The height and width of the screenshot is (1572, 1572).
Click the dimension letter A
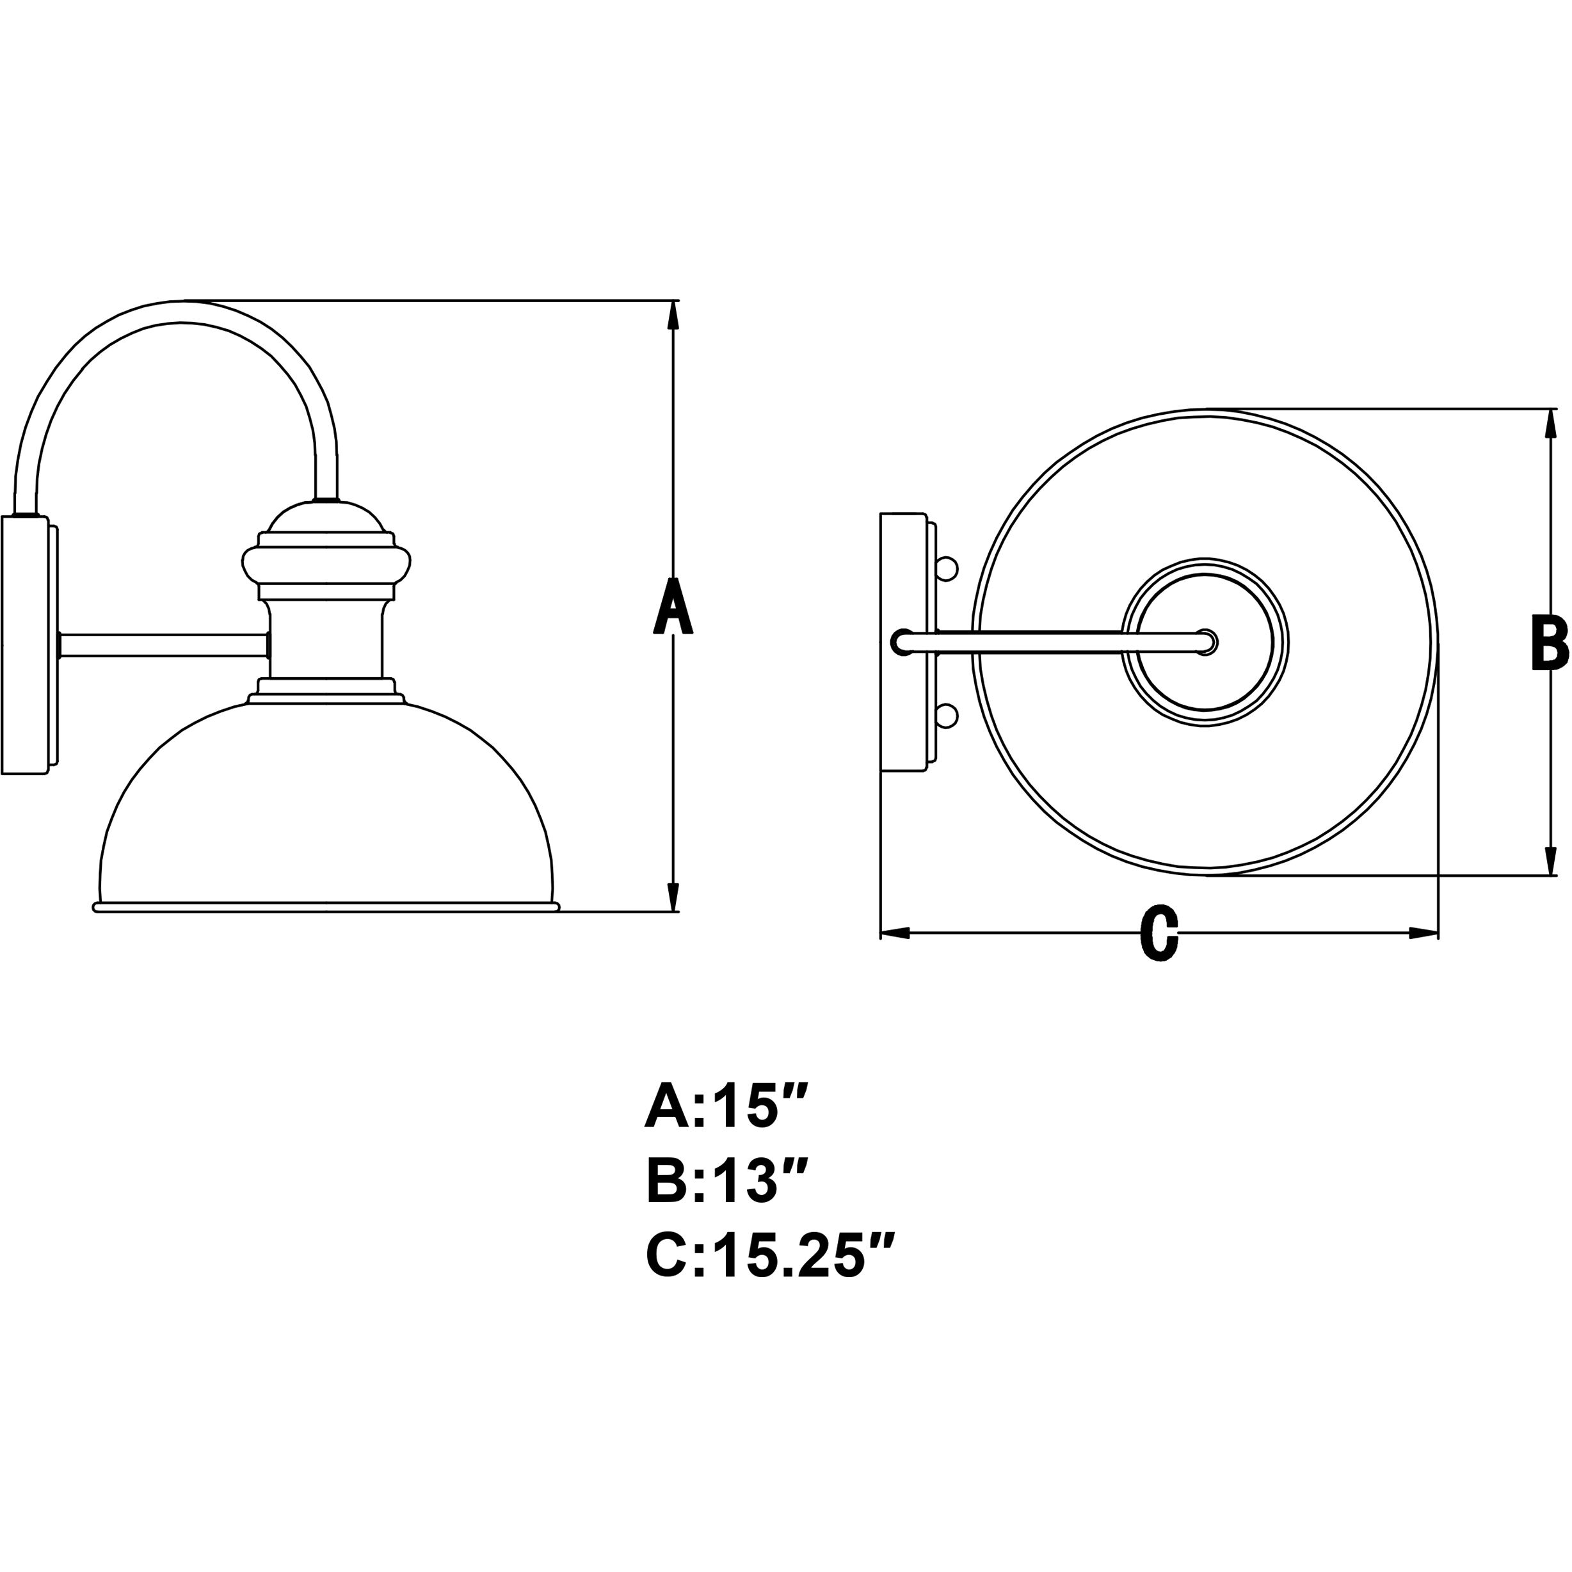tap(674, 606)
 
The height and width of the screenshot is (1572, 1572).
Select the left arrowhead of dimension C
tap(895, 933)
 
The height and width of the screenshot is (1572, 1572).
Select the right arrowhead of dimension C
tap(1424, 933)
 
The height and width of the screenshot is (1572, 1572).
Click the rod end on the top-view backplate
tap(902, 642)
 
